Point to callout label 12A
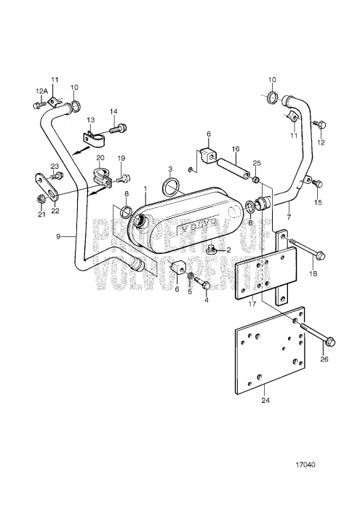point(40,91)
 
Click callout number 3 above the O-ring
point(170,169)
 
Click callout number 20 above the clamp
point(100,159)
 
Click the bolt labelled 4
point(204,280)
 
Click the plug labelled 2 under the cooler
point(211,249)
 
